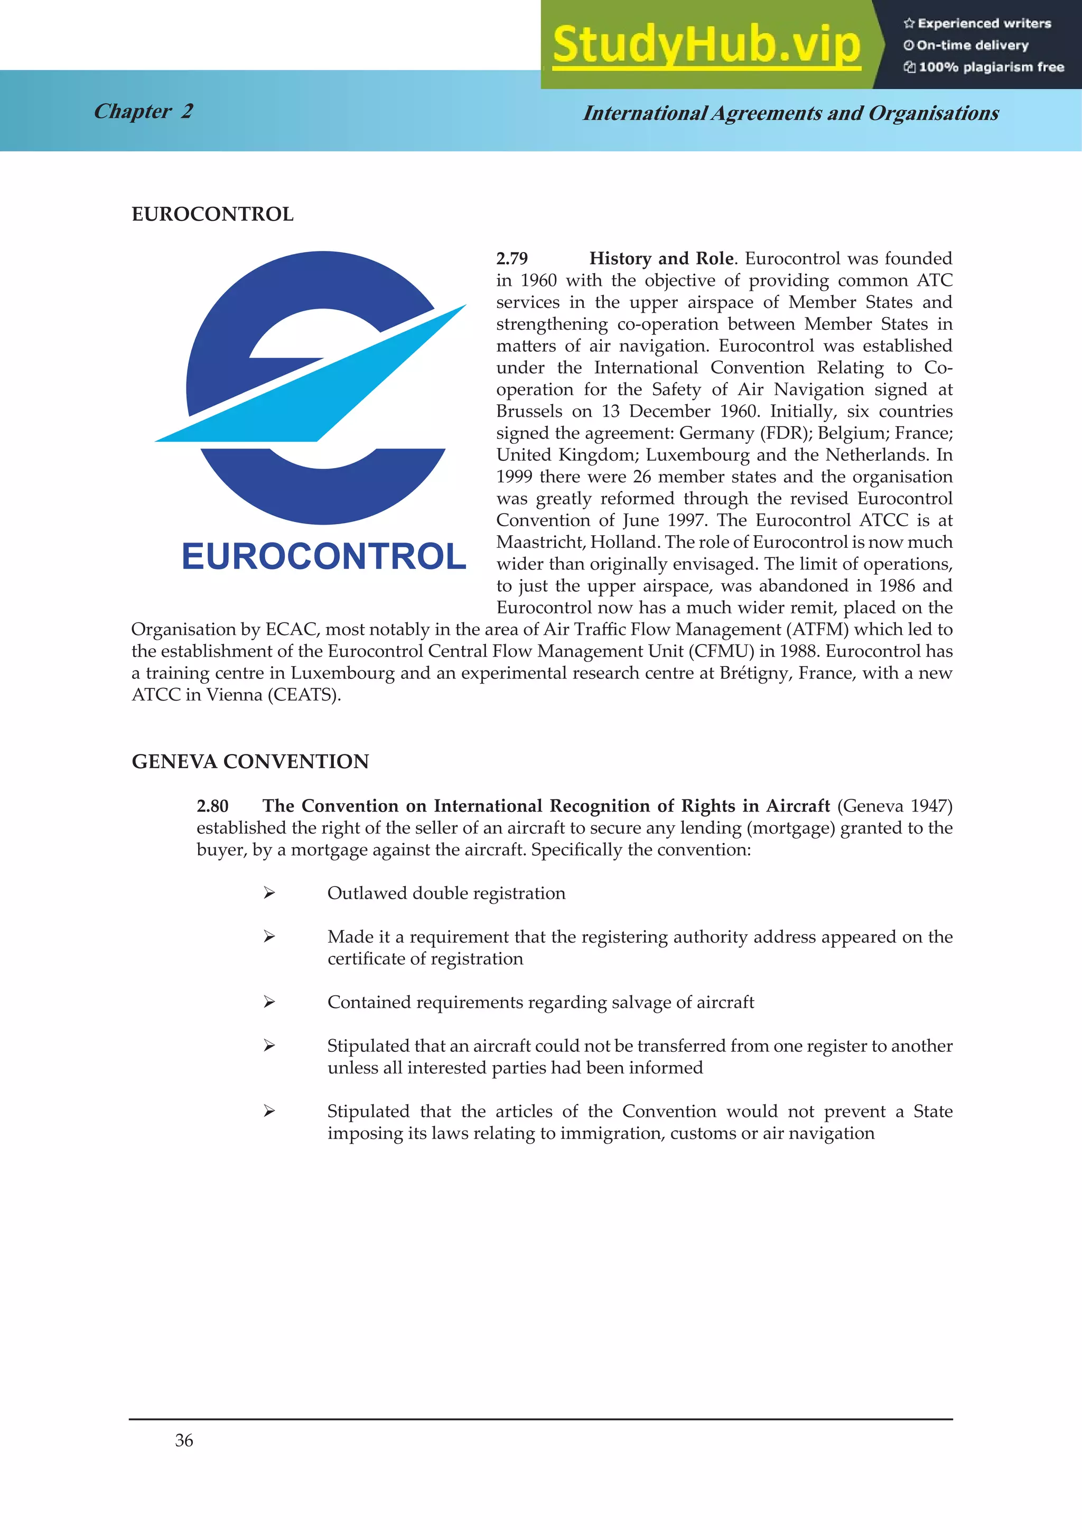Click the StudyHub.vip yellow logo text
point(706,45)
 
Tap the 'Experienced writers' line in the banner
point(977,23)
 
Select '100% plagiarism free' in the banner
point(984,67)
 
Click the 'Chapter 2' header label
point(143,111)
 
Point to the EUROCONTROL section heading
point(212,214)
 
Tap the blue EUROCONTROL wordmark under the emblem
point(324,556)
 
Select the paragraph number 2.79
point(512,258)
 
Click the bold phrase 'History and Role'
point(661,258)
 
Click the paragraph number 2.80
point(212,806)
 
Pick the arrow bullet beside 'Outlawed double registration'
point(269,893)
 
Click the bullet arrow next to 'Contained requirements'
point(269,1002)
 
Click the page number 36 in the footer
point(184,1441)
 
